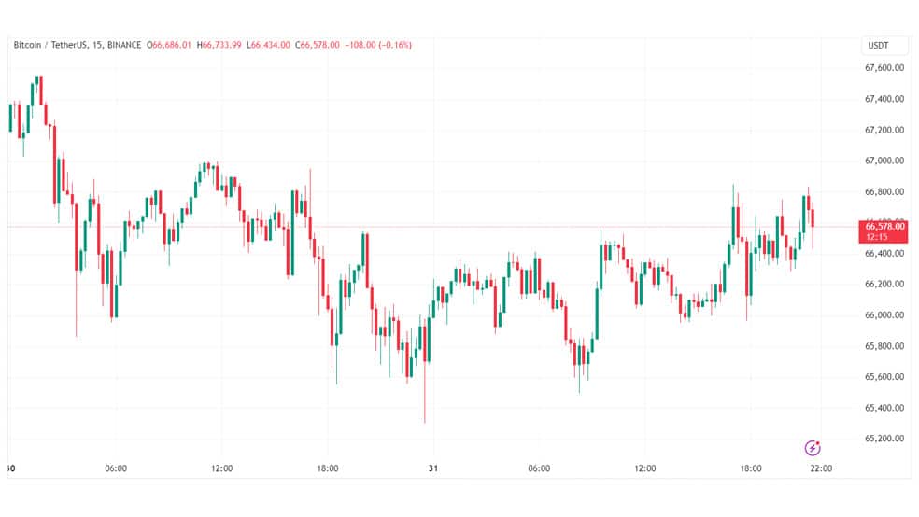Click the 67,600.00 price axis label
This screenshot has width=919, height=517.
coord(884,68)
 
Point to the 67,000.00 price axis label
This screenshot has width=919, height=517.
coord(884,161)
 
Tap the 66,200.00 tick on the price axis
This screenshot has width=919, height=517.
coord(884,284)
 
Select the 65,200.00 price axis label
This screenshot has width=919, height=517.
coord(884,439)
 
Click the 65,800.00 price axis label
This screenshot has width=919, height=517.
coord(884,346)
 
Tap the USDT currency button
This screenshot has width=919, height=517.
coord(878,46)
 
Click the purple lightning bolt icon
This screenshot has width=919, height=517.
coord(813,449)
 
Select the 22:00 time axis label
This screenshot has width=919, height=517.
coord(821,468)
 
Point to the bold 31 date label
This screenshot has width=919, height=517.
coord(433,468)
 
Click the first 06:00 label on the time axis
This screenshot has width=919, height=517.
coord(116,468)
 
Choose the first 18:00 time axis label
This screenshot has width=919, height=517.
coord(328,468)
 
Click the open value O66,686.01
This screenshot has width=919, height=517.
coord(169,45)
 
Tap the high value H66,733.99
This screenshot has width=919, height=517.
coord(219,45)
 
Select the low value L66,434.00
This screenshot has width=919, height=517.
coord(268,45)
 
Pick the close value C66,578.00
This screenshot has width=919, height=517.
coord(318,45)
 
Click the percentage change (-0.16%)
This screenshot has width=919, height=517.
coord(395,45)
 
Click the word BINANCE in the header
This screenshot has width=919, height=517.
coord(124,45)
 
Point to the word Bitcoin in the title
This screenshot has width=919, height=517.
coord(27,45)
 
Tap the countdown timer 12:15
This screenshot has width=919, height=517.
coord(877,237)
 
